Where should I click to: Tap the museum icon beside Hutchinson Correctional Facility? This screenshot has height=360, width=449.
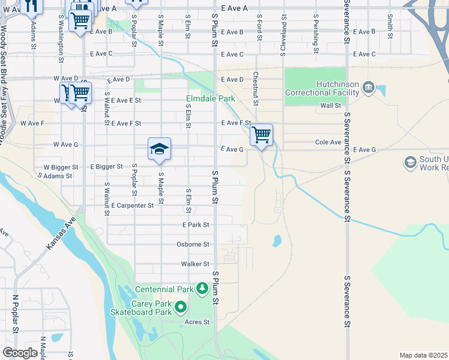(369, 89)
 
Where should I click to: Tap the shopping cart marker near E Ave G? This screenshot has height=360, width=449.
(262, 134)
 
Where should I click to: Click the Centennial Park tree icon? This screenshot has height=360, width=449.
(203, 289)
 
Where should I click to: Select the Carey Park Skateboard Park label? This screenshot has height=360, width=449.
(141, 308)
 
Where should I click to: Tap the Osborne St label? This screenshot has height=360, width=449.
(193, 245)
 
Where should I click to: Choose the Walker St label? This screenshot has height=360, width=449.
(195, 264)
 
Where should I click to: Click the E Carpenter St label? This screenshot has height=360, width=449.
(133, 205)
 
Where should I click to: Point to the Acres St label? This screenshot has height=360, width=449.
(197, 322)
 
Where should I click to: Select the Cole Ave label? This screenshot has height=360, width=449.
(328, 143)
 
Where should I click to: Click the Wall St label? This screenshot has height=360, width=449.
(330, 106)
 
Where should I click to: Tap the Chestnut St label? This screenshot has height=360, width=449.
(255, 88)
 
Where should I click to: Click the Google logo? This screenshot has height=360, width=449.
(20, 353)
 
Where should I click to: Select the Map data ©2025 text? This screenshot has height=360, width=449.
(423, 355)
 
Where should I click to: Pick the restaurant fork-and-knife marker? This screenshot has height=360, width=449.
(31, 5)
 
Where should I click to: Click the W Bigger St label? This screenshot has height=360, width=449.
(61, 167)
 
